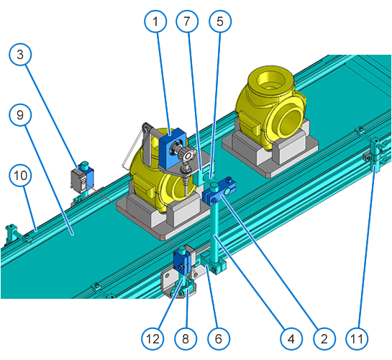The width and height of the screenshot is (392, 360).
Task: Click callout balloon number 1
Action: [x=155, y=22]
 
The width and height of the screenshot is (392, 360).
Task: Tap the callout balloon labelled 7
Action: [x=187, y=22]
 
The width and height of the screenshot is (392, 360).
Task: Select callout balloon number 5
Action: [x=220, y=22]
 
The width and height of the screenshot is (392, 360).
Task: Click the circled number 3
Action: [x=20, y=55]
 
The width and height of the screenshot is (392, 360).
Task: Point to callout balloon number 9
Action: [x=20, y=115]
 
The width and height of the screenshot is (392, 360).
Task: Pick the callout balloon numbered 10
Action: [x=20, y=176]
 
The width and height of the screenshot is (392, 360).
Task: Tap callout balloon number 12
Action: [x=152, y=339]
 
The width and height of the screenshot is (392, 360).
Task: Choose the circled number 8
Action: [x=186, y=339]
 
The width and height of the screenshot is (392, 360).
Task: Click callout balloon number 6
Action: [x=219, y=339]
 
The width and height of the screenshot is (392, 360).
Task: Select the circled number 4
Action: [x=291, y=339]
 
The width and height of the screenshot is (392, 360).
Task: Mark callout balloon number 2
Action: [x=324, y=339]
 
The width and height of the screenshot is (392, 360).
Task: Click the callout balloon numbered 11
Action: [x=357, y=339]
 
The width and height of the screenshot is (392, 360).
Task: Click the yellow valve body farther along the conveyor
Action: [x=270, y=107]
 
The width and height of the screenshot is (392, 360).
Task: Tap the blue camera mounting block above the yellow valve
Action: [x=172, y=148]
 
